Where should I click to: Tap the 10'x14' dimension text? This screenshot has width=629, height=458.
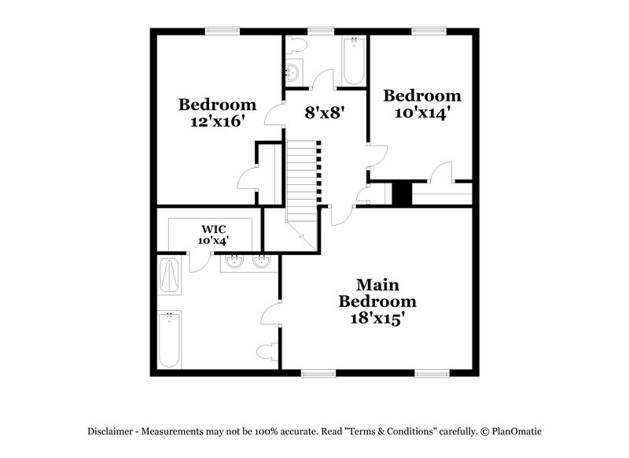[x=421, y=113]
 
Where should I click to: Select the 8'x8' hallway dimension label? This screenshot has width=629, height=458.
[x=326, y=113]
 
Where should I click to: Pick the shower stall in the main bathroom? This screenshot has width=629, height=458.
[x=170, y=274]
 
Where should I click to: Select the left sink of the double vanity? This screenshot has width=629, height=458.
[x=234, y=261]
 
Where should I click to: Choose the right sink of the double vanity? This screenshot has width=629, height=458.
[x=260, y=261]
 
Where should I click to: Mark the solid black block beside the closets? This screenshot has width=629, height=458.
[x=402, y=194]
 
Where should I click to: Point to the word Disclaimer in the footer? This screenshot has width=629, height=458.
[x=115, y=431]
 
